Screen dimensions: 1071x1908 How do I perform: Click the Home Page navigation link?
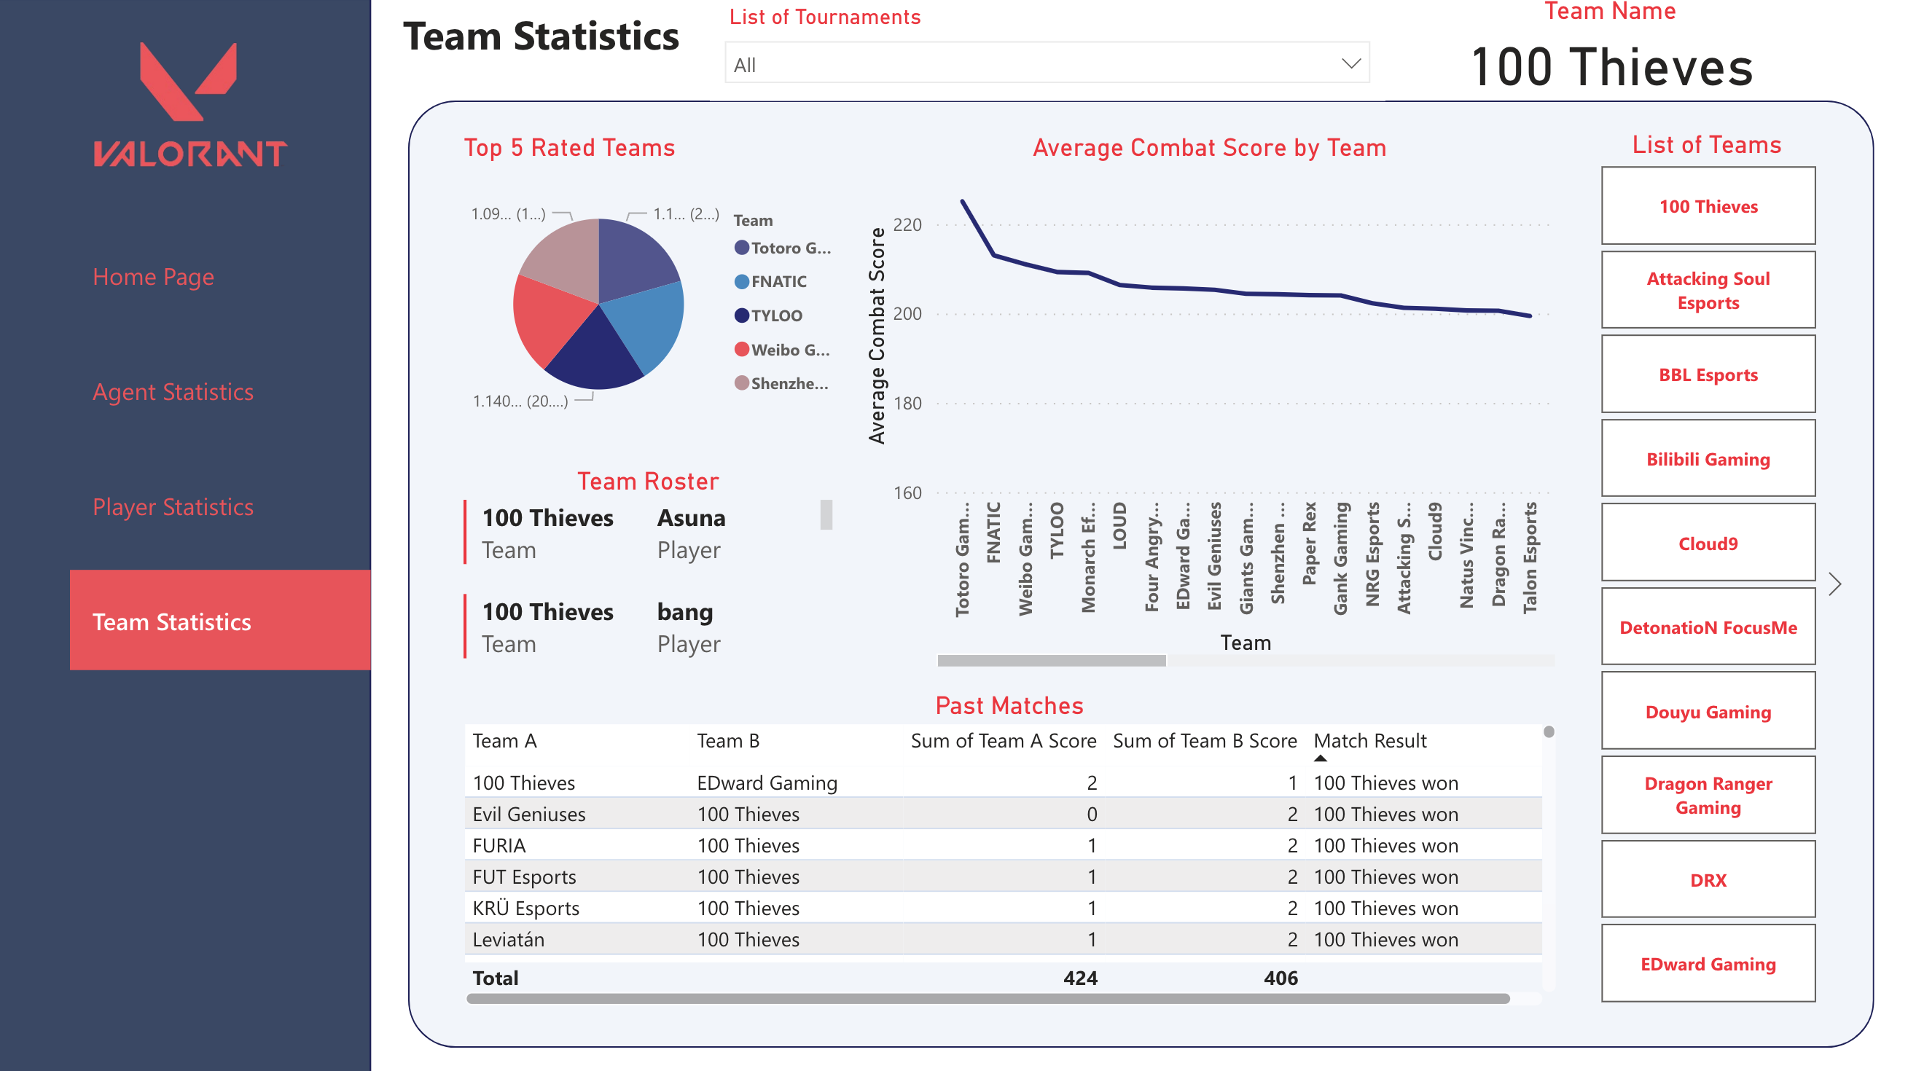point(152,277)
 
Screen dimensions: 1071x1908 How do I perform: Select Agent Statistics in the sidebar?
point(173,392)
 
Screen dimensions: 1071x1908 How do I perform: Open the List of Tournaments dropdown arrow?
point(1351,63)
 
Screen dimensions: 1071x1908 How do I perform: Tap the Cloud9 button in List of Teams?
point(1708,544)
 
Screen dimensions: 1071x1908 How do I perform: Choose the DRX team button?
point(1708,880)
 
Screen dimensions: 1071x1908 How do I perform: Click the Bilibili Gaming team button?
point(1708,459)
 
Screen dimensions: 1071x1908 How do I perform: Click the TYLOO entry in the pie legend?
point(775,315)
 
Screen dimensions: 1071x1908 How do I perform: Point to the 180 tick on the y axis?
point(907,404)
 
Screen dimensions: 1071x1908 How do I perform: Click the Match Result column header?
point(1369,741)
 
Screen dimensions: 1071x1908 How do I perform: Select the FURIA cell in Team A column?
point(499,845)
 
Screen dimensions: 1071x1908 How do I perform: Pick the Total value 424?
point(1080,978)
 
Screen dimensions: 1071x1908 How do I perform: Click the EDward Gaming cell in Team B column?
point(767,783)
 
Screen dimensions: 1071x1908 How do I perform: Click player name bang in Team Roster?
point(684,612)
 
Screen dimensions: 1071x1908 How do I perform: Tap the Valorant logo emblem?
point(189,82)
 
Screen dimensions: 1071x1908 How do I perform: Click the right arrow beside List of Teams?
point(1834,584)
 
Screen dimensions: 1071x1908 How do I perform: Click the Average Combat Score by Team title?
point(1209,148)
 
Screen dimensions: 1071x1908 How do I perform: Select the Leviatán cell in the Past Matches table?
point(508,939)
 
